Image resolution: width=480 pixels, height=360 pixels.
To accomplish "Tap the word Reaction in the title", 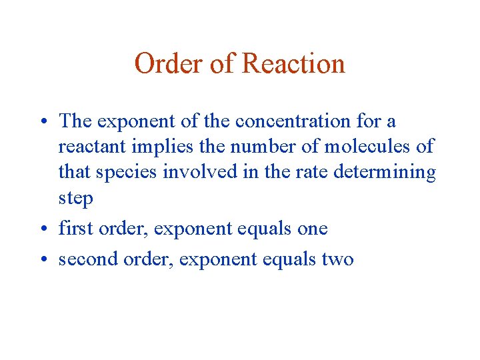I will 294,64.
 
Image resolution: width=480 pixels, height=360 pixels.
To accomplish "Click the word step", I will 75,199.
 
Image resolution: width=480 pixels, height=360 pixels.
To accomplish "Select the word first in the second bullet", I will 75,229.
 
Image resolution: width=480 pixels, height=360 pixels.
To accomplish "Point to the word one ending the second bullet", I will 313,229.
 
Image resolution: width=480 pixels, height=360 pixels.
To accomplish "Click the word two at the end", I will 337,259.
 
